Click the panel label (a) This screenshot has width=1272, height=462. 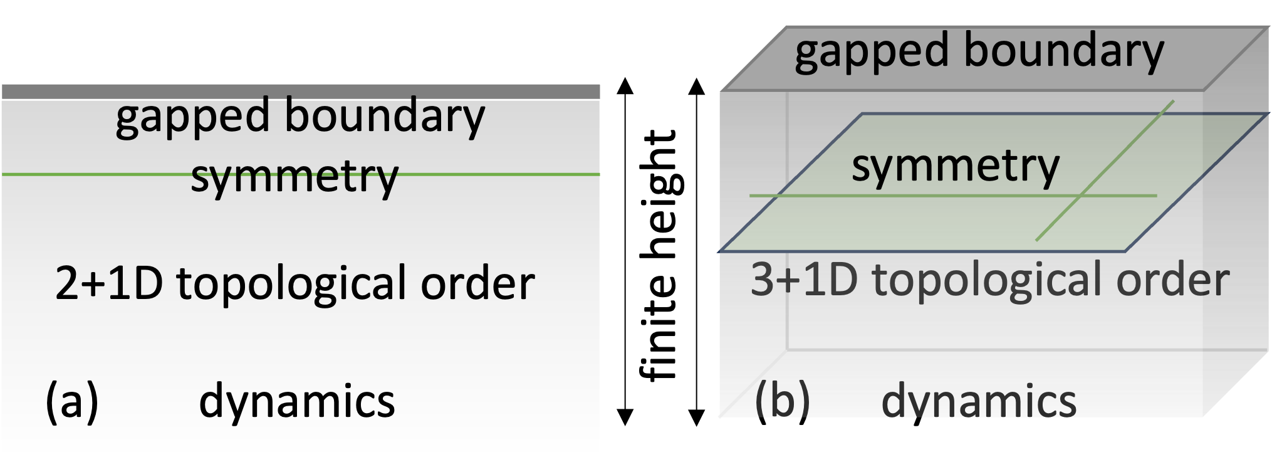tap(72, 401)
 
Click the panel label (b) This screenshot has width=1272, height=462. tap(782, 401)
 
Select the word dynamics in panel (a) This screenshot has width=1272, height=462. tap(296, 402)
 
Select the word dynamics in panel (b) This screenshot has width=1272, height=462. tap(978, 402)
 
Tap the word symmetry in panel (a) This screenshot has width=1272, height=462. tap(295, 177)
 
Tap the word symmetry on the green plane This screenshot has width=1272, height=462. tap(955, 167)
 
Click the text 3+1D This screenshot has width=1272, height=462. tap(804, 280)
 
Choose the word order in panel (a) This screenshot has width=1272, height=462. tap(477, 283)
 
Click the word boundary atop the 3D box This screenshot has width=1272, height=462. tap(1063, 51)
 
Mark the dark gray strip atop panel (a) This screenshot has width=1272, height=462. tap(301, 92)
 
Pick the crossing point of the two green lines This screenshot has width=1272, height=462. tap(1080, 196)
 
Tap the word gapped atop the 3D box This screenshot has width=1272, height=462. tap(872, 53)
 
